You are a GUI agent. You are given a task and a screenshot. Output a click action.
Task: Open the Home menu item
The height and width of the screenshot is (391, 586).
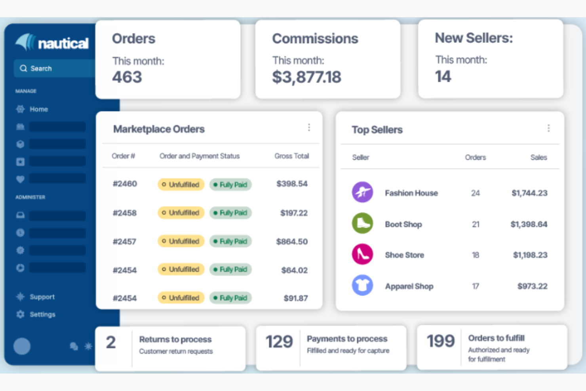[x=38, y=109]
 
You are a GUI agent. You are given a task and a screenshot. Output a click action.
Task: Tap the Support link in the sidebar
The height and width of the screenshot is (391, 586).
[x=42, y=297]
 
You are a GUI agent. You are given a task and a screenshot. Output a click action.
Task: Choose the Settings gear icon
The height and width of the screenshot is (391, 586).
[x=20, y=314]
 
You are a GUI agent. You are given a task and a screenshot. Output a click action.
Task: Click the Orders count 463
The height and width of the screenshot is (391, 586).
[x=127, y=77]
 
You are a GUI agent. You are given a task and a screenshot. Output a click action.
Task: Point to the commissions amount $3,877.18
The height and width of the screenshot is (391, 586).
[x=306, y=77]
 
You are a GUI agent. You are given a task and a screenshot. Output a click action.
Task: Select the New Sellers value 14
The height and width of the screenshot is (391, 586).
[x=443, y=76]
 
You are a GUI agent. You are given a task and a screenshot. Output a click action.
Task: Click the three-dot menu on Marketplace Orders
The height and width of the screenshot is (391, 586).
[x=309, y=127]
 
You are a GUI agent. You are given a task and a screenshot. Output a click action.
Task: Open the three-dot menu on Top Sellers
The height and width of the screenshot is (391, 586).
[x=548, y=128]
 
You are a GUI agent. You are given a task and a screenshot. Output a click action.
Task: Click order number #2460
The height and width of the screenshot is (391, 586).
[x=125, y=184]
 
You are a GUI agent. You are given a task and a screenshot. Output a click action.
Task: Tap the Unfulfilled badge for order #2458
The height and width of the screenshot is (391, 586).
[x=181, y=213]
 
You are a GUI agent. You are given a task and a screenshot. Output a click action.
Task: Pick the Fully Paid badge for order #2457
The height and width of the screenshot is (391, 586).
[x=230, y=241]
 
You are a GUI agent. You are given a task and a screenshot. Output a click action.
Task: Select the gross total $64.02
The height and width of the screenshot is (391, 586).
[x=294, y=270]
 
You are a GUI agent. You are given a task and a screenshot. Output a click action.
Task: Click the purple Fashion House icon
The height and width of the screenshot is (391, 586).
[x=362, y=192]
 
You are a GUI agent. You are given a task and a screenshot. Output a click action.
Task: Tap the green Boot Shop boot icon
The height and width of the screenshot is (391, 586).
[x=362, y=223]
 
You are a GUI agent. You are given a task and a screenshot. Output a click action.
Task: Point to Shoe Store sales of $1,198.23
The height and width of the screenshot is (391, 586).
[x=530, y=255]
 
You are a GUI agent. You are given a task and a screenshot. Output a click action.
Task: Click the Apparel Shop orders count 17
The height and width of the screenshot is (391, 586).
[x=476, y=286]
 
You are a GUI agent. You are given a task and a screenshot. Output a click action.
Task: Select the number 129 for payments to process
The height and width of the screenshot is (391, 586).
[x=279, y=341]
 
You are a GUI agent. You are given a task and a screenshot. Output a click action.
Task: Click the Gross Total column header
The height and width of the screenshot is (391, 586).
[x=291, y=156]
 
